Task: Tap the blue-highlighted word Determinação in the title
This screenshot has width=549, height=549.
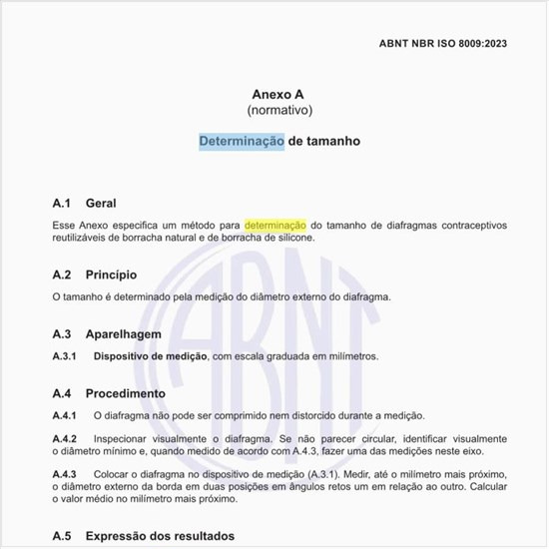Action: point(242,142)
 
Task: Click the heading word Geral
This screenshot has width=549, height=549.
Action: point(101,203)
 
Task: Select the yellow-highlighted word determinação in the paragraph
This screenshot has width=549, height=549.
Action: point(274,226)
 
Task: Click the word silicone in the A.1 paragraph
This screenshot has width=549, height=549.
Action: point(290,239)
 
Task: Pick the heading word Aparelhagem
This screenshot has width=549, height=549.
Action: point(123,334)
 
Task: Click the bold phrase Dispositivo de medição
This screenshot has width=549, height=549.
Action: point(150,356)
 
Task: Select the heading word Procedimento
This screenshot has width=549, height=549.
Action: point(125,393)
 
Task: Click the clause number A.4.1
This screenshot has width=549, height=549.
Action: point(65,415)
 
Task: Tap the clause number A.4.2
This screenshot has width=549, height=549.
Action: point(65,439)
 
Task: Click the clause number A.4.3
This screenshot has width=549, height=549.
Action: point(65,474)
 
